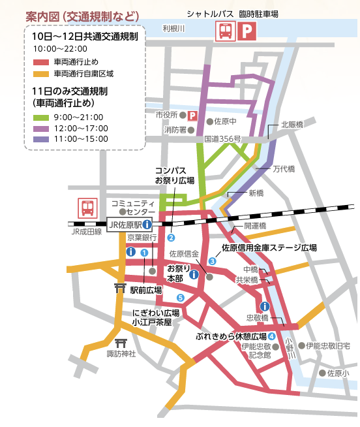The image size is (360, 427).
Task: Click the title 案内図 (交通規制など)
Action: (x=81, y=14)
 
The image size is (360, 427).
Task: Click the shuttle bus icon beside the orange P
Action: (x=226, y=31)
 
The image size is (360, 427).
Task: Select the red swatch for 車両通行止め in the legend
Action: (x=41, y=62)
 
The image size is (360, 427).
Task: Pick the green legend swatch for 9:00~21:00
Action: (x=41, y=118)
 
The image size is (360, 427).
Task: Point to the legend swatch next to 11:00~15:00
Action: (x=41, y=140)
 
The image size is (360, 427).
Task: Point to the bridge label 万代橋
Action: (x=284, y=168)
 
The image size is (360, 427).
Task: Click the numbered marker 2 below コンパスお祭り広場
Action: (x=172, y=238)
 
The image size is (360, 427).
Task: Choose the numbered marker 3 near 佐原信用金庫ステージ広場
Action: (x=212, y=261)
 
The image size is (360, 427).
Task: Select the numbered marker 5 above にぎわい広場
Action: (x=181, y=298)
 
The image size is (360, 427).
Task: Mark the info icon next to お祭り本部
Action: (x=193, y=275)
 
